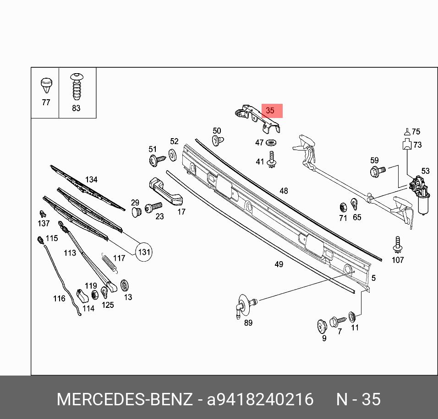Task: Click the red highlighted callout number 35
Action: [x=270, y=111]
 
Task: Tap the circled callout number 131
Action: [x=144, y=252]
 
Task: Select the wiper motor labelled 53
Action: [x=420, y=195]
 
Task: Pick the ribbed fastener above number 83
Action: [x=76, y=86]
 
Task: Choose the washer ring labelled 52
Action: [x=173, y=155]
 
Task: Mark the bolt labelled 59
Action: [x=377, y=172]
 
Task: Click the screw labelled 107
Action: [x=397, y=245]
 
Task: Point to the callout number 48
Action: [x=284, y=191]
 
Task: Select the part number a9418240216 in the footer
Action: [x=260, y=399]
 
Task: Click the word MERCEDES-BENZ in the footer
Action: [x=124, y=399]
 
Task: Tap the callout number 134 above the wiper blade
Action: [x=91, y=179]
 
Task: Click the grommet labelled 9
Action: [x=322, y=326]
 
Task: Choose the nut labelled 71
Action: [x=343, y=207]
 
